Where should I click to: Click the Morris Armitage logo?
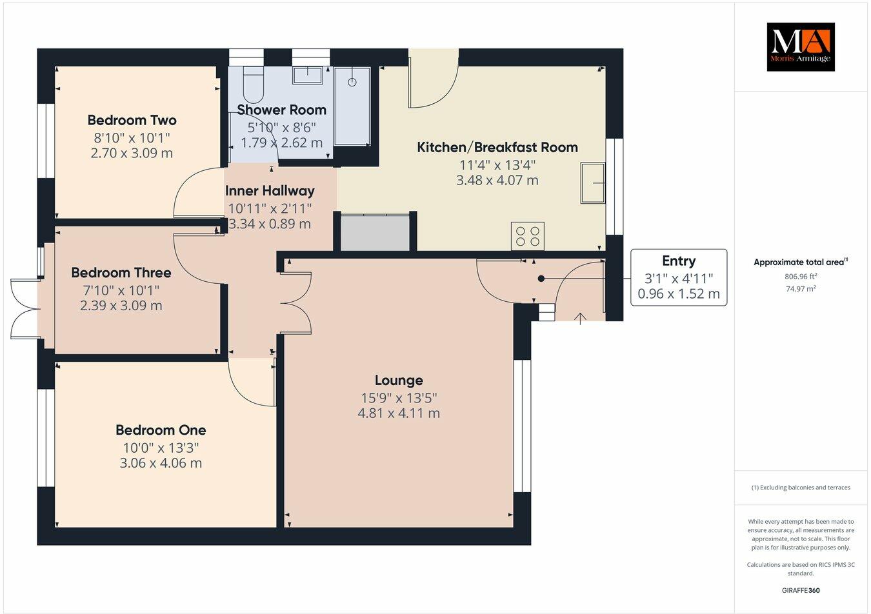(800, 46)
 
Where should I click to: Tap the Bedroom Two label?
(132, 120)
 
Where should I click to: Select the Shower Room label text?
(281, 110)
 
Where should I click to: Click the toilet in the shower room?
(254, 81)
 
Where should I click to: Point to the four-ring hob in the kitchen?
(528, 235)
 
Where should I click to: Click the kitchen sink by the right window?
(593, 183)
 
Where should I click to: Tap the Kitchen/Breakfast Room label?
(497, 147)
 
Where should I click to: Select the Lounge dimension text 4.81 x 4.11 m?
(399, 413)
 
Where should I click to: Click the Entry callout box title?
(678, 261)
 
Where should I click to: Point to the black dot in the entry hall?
(541, 279)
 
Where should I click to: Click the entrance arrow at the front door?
(581, 317)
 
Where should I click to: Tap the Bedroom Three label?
(121, 273)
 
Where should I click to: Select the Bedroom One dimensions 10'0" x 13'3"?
(161, 447)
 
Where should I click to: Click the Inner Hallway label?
(270, 191)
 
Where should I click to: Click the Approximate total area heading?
(800, 262)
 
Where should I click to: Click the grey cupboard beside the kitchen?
(375, 233)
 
